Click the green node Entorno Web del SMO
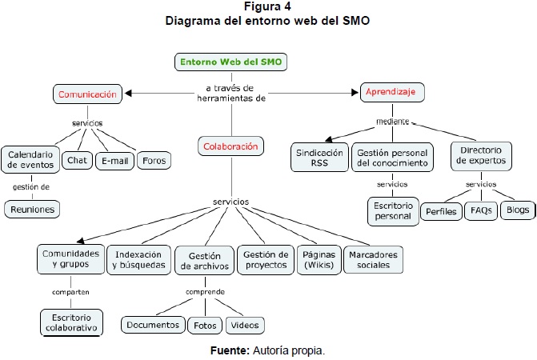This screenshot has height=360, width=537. pyautogui.click(x=231, y=62)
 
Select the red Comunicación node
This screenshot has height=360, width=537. pyautogui.click(x=88, y=94)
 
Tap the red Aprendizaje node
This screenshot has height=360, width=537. pyautogui.click(x=392, y=93)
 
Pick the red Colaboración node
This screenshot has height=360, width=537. pyautogui.click(x=230, y=146)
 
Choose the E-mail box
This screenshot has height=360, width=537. pyautogui.click(x=114, y=160)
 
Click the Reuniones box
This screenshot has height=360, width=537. pyautogui.click(x=32, y=209)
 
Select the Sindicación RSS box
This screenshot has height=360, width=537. pyautogui.click(x=319, y=158)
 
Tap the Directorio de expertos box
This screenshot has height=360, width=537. pyautogui.click(x=480, y=158)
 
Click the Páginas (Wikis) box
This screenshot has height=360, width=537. pyautogui.click(x=315, y=259)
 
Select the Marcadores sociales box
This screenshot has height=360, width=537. pyautogui.click(x=372, y=259)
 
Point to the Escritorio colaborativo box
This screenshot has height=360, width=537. pyautogui.click(x=70, y=322)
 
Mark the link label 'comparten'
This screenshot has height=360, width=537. pyautogui.click(x=70, y=292)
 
